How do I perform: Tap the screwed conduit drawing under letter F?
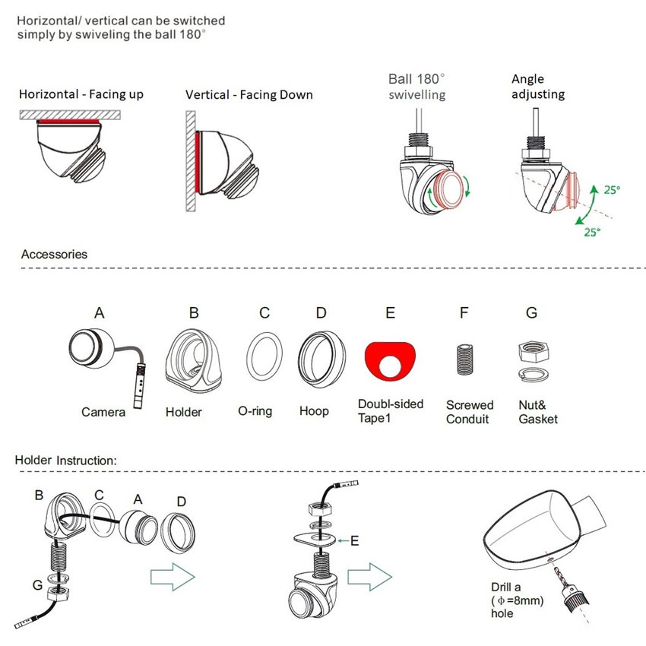464,359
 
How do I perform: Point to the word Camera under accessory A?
103,412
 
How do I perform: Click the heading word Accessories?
54,254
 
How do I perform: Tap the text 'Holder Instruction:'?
66,461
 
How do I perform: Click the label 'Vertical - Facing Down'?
249,95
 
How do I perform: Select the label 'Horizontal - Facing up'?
81,94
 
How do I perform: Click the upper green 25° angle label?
612,190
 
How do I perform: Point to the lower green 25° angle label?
592,233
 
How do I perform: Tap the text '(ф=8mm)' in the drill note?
517,600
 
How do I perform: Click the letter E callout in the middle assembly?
354,540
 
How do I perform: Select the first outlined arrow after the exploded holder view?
173,576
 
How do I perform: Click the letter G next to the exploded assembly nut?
37,584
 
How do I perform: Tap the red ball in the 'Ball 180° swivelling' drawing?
449,190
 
